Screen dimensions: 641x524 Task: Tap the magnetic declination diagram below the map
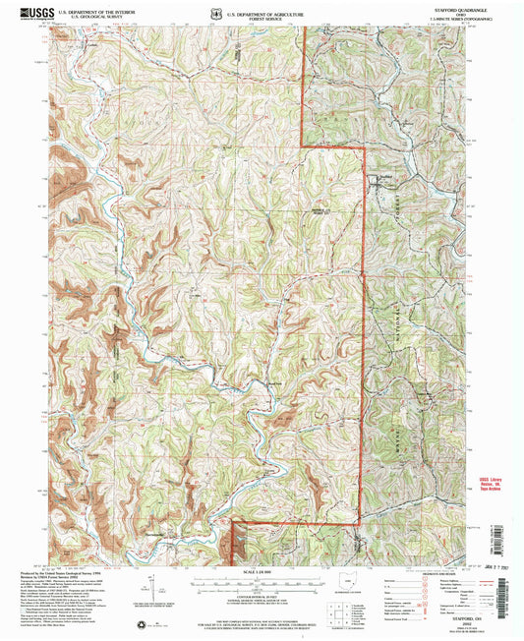pyautogui.click(x=149, y=585)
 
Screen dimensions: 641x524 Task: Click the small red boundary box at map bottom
pyautogui.click(x=235, y=540)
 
